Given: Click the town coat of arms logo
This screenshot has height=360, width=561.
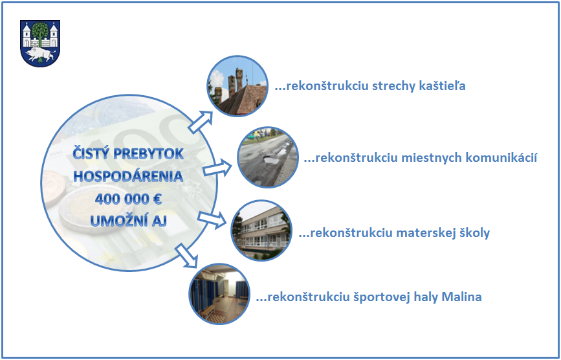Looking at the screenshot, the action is click(40, 43).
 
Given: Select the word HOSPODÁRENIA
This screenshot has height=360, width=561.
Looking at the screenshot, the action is click(129, 176).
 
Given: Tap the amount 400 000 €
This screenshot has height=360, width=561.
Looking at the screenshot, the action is click(129, 199).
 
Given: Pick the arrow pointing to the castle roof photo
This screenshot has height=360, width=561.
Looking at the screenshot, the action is click(201, 122).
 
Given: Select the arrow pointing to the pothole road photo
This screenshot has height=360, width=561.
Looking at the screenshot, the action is click(217, 168).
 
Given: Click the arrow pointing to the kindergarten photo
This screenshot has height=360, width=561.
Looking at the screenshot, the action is click(212, 219).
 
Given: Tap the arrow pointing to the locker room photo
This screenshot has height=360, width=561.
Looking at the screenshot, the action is click(187, 256).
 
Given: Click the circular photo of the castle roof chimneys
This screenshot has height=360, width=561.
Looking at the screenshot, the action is click(237, 86).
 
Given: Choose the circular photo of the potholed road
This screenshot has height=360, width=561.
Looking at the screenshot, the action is click(268, 157).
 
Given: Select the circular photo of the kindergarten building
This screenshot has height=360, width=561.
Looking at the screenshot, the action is click(261, 231).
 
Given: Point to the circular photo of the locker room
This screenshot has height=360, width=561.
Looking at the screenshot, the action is click(219, 294).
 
